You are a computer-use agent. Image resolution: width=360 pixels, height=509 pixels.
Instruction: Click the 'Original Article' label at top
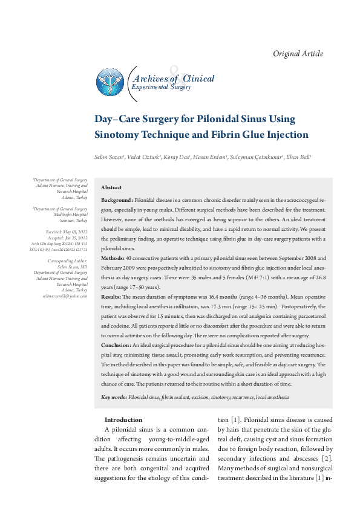pos(298,54)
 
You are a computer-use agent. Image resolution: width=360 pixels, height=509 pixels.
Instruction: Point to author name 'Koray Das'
pos(177,157)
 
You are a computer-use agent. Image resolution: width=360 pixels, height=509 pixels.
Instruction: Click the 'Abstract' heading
pos(111,188)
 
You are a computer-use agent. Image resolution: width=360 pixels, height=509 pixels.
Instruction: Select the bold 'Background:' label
pos(117,199)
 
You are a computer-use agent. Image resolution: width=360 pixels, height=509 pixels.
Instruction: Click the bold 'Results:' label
pos(111,297)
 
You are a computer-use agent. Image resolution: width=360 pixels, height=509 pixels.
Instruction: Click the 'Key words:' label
pos(114,397)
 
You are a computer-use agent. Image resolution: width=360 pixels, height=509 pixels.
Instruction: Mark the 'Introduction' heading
pos(123,420)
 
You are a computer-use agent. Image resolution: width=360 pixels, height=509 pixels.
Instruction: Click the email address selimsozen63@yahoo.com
pos(65,296)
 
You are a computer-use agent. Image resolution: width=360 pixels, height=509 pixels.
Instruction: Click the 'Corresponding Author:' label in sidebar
pos(68,261)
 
